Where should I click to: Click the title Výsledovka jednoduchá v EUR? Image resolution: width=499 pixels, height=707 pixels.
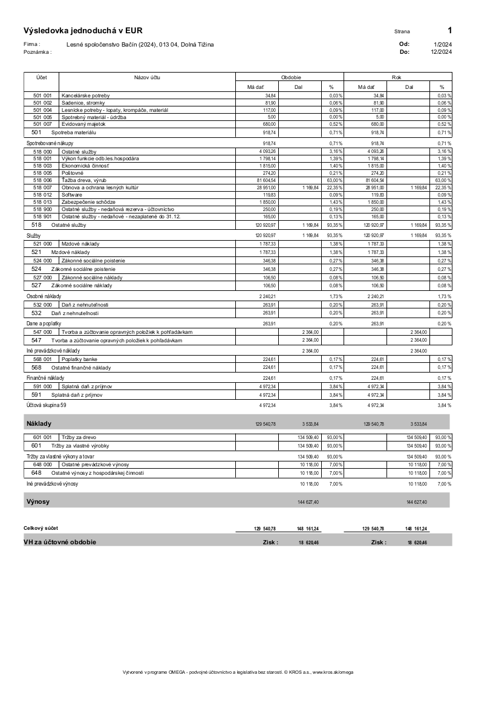click(x=83, y=31)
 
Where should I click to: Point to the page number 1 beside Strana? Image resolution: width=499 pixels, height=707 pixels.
click(x=449, y=30)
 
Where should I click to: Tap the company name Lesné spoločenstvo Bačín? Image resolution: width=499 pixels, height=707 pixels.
click(x=140, y=44)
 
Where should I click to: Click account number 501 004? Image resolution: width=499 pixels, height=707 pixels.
click(x=42, y=110)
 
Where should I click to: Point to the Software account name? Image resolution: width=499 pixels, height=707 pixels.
click(x=73, y=195)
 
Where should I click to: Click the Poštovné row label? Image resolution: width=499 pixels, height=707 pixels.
click(x=73, y=173)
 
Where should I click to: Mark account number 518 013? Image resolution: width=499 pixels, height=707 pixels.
click(x=42, y=202)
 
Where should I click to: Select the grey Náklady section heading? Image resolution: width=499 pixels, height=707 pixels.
click(x=39, y=423)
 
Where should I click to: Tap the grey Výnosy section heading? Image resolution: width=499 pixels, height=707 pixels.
click(x=38, y=501)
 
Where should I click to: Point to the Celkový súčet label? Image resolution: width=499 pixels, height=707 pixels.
click(x=41, y=528)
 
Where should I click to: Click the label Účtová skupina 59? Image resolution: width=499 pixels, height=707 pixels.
click(x=46, y=405)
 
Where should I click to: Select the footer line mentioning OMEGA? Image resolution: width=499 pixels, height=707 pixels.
click(x=238, y=672)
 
